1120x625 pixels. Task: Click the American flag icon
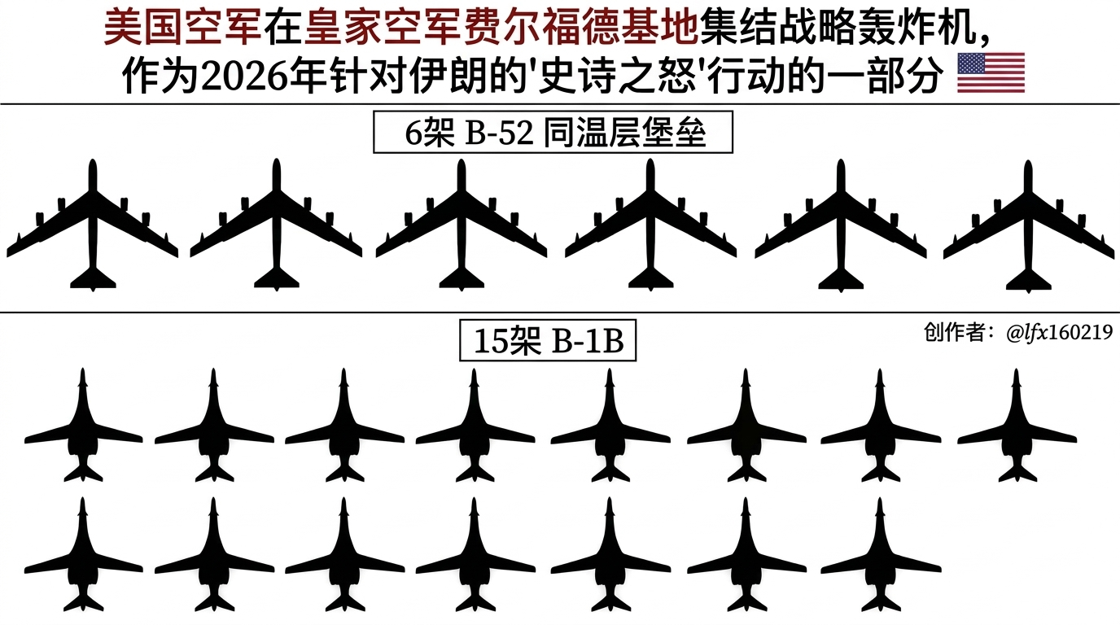(991, 73)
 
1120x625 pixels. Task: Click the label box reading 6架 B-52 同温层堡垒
(553, 133)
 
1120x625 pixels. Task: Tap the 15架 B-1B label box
(548, 342)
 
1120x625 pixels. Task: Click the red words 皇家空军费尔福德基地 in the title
(501, 30)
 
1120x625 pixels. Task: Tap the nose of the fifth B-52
(841, 166)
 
